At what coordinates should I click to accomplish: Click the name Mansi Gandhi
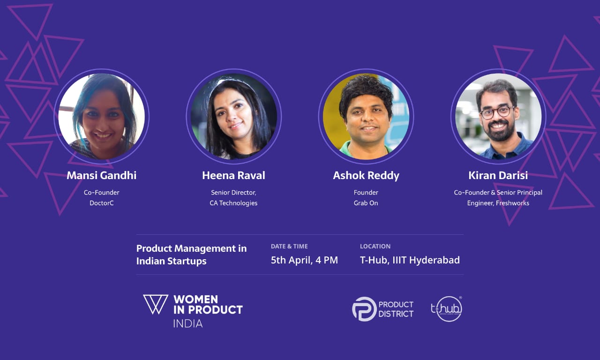click(x=102, y=175)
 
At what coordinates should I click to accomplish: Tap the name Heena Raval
click(x=233, y=175)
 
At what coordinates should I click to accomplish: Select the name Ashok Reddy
click(x=366, y=176)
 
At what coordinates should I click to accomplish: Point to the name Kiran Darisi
click(x=498, y=175)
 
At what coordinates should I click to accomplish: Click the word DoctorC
click(x=102, y=203)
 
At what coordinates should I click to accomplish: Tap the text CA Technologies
click(x=233, y=203)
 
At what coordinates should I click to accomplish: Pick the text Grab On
click(x=366, y=203)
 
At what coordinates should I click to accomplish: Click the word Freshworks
click(x=512, y=203)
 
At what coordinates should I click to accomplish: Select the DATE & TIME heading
click(x=289, y=247)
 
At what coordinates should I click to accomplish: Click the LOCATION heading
click(x=375, y=247)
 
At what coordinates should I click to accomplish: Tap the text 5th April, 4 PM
click(x=304, y=260)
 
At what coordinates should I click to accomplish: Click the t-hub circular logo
click(x=447, y=308)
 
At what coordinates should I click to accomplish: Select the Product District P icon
click(x=364, y=309)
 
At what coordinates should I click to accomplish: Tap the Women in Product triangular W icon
click(x=156, y=304)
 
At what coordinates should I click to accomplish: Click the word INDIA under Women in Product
click(x=188, y=323)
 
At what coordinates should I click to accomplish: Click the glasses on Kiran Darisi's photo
click(x=496, y=112)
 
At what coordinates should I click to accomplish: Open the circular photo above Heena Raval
click(x=233, y=117)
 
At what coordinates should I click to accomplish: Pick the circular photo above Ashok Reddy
click(x=366, y=117)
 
